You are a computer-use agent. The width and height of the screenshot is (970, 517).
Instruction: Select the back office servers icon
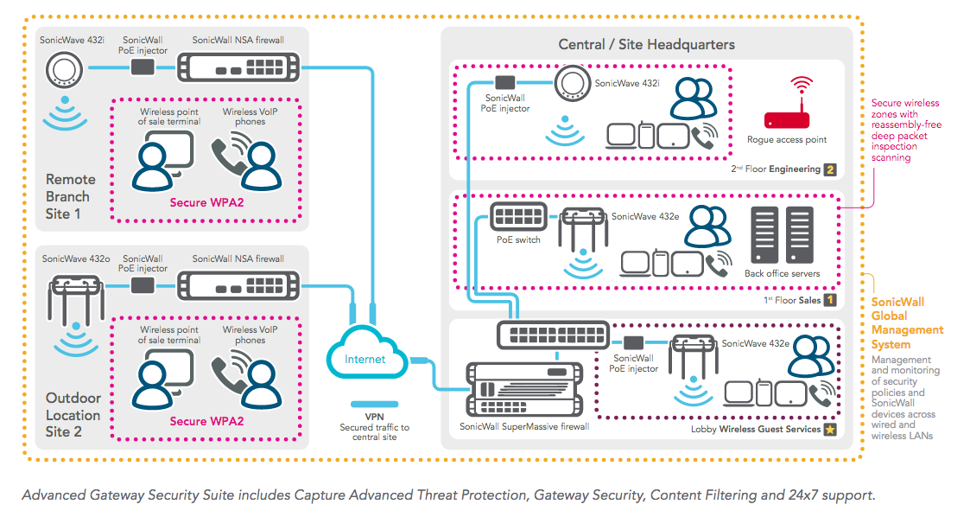click(782, 236)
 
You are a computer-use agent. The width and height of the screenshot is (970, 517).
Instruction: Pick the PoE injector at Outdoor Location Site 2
click(143, 284)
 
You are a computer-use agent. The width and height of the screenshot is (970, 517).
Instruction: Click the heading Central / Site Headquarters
click(646, 44)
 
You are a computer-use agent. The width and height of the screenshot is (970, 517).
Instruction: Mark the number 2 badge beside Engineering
click(830, 169)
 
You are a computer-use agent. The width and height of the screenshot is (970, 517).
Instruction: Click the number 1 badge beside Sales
click(830, 300)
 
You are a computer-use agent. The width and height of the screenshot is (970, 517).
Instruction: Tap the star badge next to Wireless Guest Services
click(830, 429)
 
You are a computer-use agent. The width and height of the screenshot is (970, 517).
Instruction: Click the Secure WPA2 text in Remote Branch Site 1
click(206, 203)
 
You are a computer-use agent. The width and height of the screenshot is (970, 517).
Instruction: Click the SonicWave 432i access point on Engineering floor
click(569, 83)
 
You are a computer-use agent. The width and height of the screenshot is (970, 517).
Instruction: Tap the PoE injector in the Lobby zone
click(635, 341)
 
